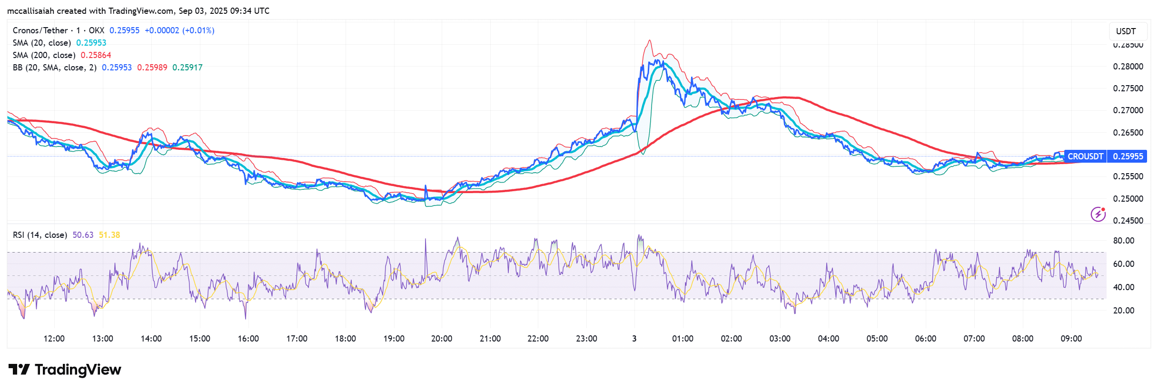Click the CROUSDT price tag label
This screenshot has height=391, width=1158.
pos(1085,156)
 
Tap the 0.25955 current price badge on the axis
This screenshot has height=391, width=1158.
pos(1128,156)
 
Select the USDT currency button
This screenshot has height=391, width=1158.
pos(1126,31)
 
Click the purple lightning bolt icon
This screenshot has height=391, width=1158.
pos(1098,214)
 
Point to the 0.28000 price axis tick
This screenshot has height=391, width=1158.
pos(1128,67)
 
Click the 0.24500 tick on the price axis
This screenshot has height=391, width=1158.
pos(1128,220)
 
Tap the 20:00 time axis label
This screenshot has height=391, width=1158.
pos(441,339)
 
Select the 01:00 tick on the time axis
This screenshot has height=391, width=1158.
pos(683,339)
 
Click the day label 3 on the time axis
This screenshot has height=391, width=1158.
pos(634,339)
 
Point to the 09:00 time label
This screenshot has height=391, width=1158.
pos(1071,339)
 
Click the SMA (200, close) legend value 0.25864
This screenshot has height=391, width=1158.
pos(96,55)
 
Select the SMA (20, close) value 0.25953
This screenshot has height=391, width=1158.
pos(91,43)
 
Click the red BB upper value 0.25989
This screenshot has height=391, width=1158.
pos(152,68)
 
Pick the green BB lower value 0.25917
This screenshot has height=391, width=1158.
pos(187,68)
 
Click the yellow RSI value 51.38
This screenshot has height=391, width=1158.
pos(109,235)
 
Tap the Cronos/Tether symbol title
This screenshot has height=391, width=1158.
pos(40,30)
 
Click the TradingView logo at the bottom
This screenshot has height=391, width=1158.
pos(65,370)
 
